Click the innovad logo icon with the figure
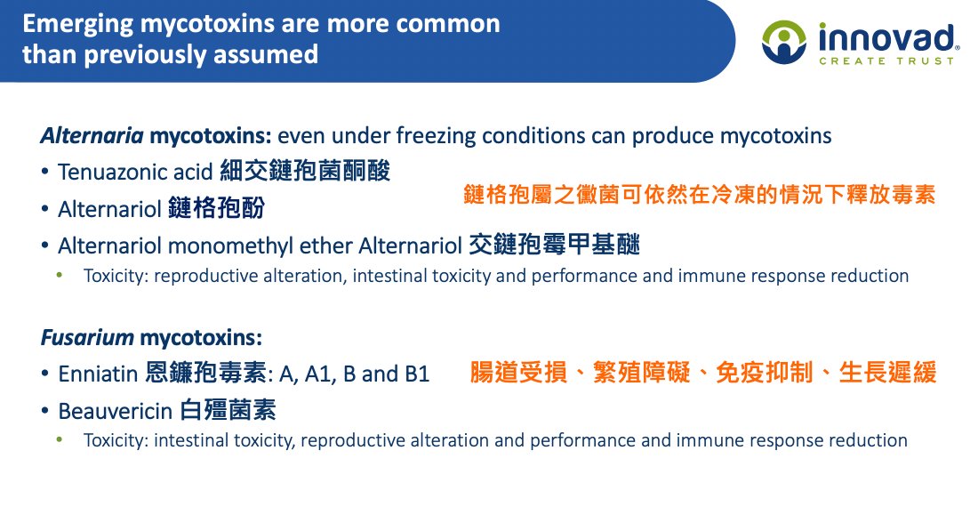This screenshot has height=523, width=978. (x=784, y=42)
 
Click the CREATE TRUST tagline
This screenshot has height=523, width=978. (x=886, y=61)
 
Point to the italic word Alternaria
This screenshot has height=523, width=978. (x=92, y=135)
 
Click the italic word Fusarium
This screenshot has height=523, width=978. (x=87, y=338)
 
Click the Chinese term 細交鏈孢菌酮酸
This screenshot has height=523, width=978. (x=305, y=171)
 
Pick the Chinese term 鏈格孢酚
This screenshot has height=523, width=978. (x=216, y=208)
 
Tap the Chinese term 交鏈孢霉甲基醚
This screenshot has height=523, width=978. (x=555, y=245)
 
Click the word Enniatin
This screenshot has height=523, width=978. (x=98, y=374)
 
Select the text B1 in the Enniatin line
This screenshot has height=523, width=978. (x=417, y=374)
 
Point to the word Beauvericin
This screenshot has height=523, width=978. (x=116, y=411)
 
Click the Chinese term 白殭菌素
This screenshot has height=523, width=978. (x=228, y=410)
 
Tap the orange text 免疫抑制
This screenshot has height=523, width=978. (x=764, y=372)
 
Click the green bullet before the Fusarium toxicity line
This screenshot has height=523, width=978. (x=60, y=439)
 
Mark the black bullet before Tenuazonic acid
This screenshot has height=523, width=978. (x=45, y=171)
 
